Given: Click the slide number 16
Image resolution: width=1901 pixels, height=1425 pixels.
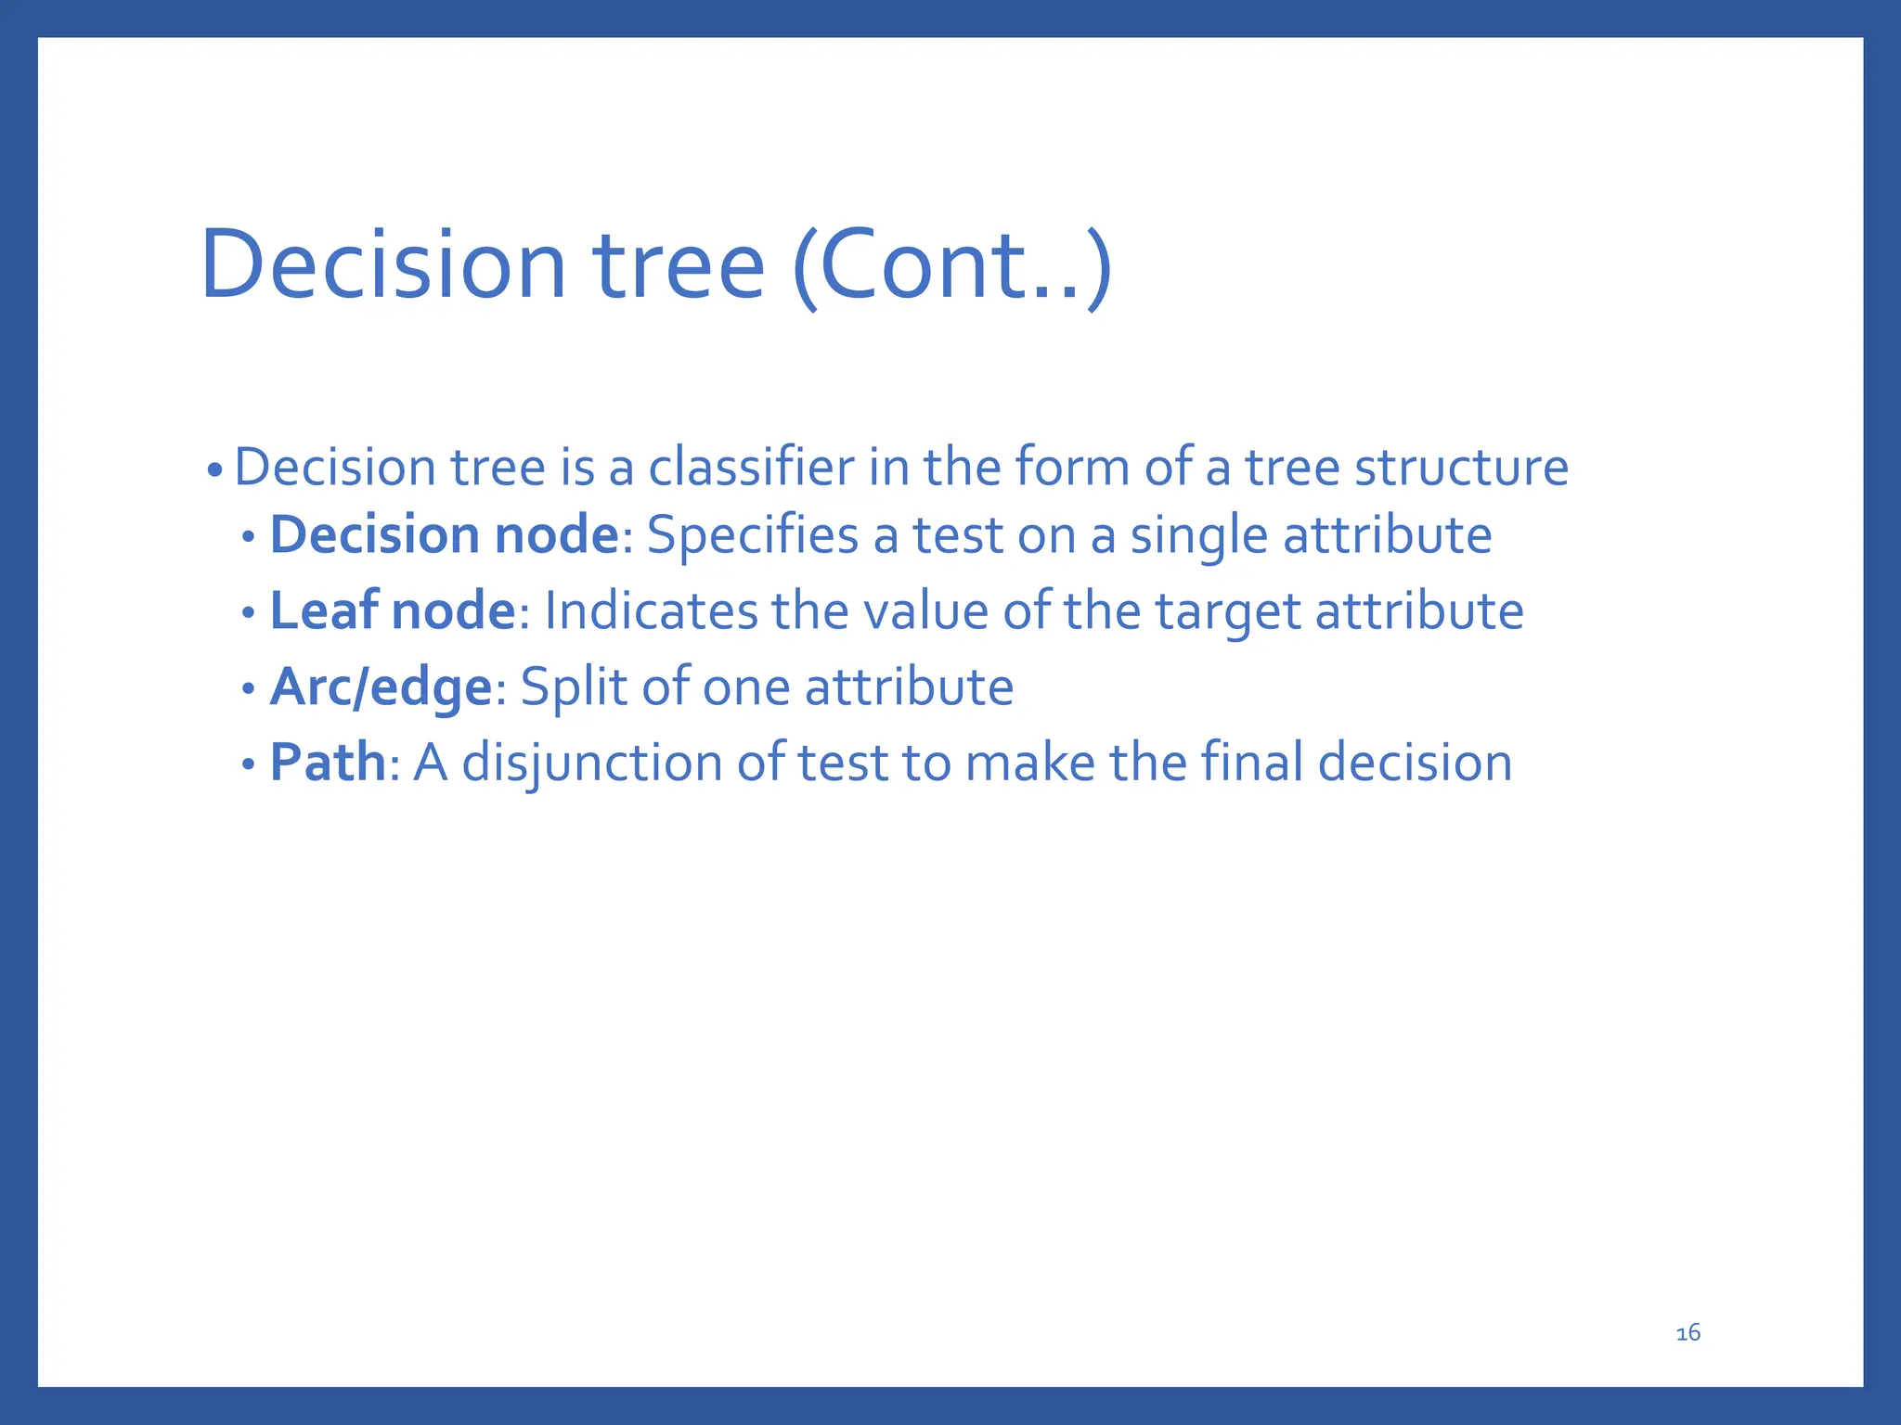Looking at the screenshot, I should pyautogui.click(x=1688, y=1333).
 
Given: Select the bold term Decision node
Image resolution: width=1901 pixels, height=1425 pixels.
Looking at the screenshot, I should pyautogui.click(x=444, y=535).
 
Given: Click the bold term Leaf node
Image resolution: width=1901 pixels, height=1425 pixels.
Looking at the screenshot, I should pyautogui.click(x=392, y=611).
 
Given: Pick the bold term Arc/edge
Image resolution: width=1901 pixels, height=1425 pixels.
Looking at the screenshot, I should pyautogui.click(x=381, y=687).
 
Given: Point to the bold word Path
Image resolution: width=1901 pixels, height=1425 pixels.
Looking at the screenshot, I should pyautogui.click(x=327, y=763).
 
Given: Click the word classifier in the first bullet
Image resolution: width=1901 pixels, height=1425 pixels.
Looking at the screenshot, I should pyautogui.click(x=750, y=467).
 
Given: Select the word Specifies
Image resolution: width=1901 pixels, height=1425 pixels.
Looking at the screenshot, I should pyautogui.click(x=752, y=536).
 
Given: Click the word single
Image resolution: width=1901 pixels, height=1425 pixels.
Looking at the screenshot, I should pyautogui.click(x=1197, y=536).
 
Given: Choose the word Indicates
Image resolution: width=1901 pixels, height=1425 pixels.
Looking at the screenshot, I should pyautogui.click(x=651, y=611).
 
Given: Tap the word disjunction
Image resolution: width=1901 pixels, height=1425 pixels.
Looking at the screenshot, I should pyautogui.click(x=591, y=764).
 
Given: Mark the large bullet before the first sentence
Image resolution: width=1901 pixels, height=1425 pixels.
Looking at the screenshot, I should pyautogui.click(x=215, y=470).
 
